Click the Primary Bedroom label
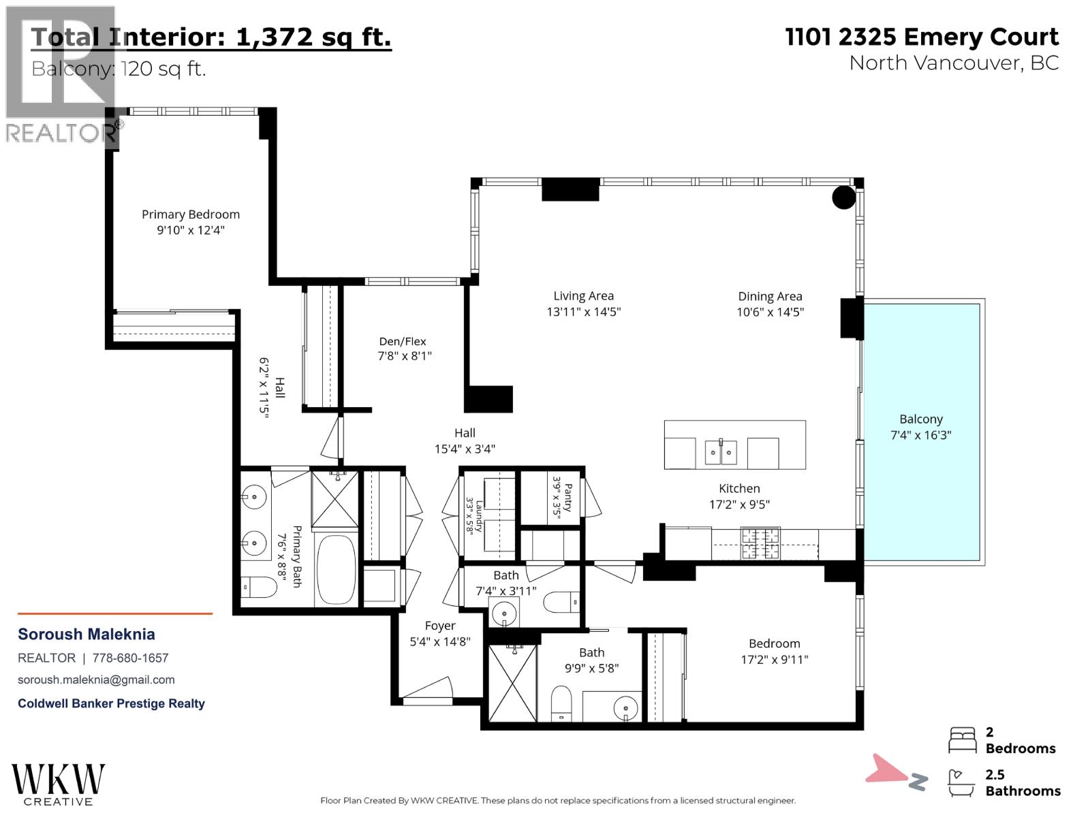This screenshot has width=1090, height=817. pos(191,214)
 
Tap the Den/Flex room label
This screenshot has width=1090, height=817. pos(402,341)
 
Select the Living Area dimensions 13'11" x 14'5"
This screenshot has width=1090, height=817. pos(583,312)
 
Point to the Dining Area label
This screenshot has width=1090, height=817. pos(770,297)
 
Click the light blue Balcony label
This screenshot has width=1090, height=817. pos(921,419)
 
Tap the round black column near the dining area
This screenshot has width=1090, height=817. pos(843,197)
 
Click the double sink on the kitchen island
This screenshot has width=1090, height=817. pos(721,451)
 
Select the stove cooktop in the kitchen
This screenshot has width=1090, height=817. pos(760,544)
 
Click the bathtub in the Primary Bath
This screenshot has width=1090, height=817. pos(336,569)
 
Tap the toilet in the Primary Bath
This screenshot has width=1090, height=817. pos(259,588)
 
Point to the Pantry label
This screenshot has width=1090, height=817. pos(568,498)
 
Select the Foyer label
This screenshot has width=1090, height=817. pos(440,626)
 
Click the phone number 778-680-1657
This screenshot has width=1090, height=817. pos(131,658)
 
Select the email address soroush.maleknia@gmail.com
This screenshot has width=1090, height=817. pos(96,680)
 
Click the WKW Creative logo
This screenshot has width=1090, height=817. pos(58,784)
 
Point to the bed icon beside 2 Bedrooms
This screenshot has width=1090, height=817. pos(963,740)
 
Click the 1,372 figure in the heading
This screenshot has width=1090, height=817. pos(274,37)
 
